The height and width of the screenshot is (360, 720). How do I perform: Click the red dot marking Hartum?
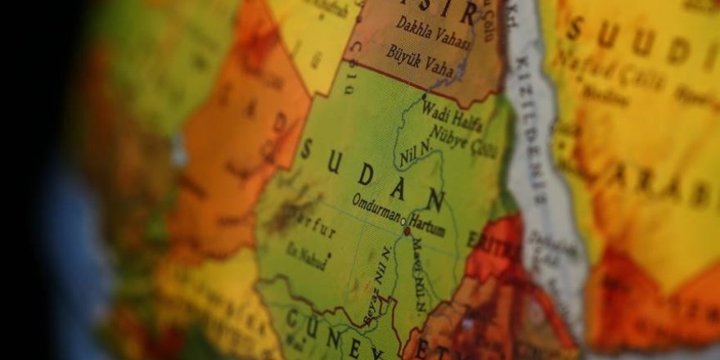(406, 232)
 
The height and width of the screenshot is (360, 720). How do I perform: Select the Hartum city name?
(428, 225)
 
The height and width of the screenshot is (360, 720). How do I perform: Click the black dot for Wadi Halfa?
(424, 97)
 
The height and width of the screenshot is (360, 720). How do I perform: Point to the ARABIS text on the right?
(663, 185)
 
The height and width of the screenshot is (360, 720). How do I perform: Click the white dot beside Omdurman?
(403, 218)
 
